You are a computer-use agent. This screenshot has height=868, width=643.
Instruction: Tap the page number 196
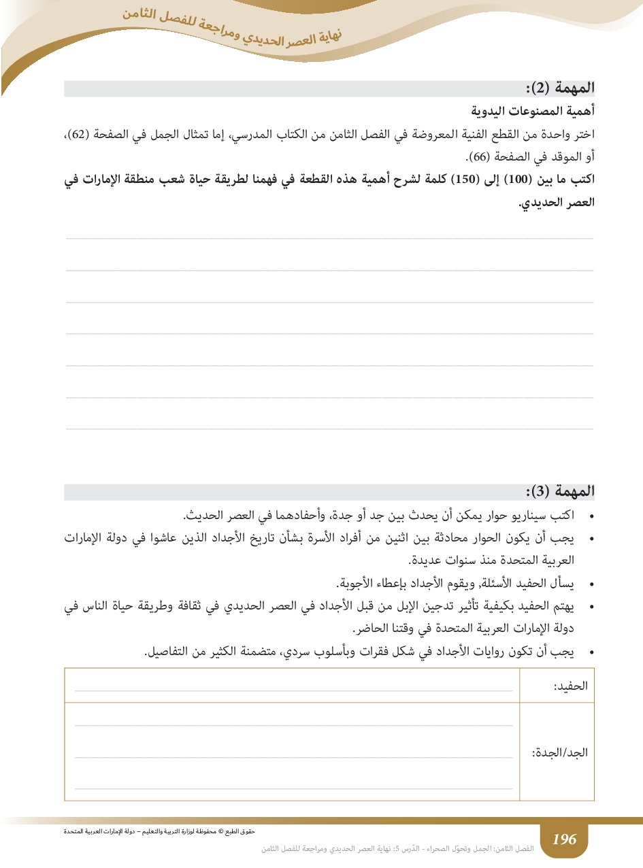(x=564, y=839)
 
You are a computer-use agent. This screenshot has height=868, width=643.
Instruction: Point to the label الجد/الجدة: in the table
(x=559, y=753)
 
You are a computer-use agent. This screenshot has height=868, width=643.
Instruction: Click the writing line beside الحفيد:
(x=293, y=690)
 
